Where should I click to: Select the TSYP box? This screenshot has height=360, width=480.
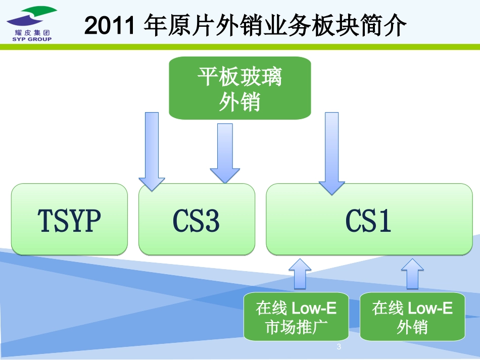69,220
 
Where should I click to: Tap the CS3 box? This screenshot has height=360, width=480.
197,220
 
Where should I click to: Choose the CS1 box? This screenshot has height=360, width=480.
368,220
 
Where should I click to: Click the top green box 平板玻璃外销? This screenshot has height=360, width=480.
239,88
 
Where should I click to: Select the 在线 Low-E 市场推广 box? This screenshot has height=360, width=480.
296,317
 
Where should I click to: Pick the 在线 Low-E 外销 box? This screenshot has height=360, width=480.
412,317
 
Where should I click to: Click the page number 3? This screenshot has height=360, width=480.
339,347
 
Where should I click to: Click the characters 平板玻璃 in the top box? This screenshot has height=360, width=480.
239,78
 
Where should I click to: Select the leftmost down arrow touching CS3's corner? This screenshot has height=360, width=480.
152,151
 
